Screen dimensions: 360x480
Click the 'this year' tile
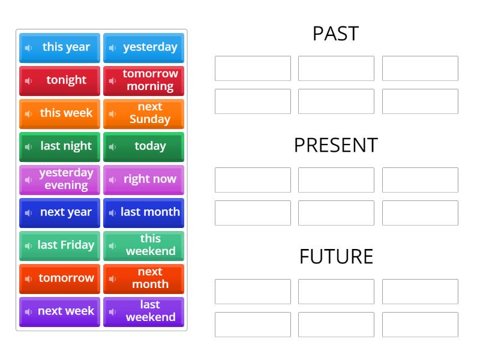pos(60,47)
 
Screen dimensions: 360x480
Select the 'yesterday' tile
pos(144,47)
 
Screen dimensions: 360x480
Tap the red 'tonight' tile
pos(60,80)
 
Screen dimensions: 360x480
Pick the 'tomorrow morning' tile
pos(144,80)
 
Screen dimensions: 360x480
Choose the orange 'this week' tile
pos(60,113)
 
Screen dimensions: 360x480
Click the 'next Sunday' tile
pos(144,113)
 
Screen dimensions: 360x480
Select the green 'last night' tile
pos(60,146)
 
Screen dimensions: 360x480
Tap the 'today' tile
pos(144,146)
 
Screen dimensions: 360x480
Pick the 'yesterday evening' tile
pos(60,179)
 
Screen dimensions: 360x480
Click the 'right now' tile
pos(144,179)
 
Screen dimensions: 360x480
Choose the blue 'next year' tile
pos(60,212)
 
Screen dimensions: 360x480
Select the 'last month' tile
pos(144,212)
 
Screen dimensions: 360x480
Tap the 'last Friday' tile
pos(60,245)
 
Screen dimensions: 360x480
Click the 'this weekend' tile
pos(144,245)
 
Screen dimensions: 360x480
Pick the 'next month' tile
pos(144,278)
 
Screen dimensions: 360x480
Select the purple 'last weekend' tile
pos(144,311)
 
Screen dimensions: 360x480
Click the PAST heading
pos(335,34)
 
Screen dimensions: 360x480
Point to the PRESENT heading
pos(335,145)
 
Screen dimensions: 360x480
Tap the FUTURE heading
pos(336,257)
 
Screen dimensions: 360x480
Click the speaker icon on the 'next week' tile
pos(28,312)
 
